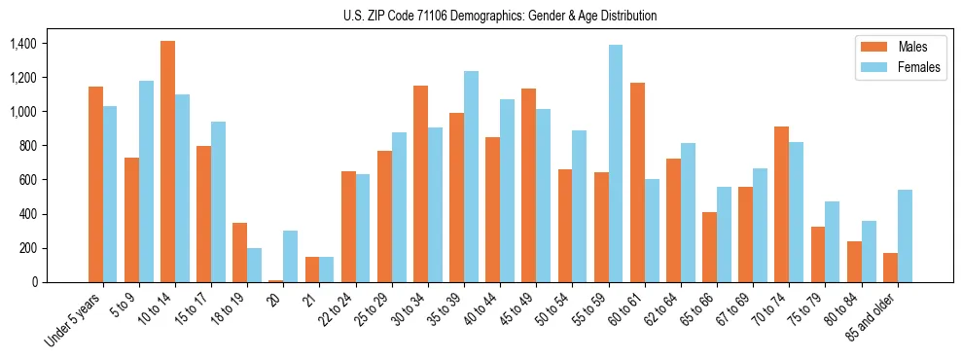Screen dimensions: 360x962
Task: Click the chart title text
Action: (500, 16)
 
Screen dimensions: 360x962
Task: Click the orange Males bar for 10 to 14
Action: (168, 162)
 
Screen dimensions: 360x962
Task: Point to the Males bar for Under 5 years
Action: (96, 184)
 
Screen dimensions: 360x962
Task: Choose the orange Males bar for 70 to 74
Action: (782, 204)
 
